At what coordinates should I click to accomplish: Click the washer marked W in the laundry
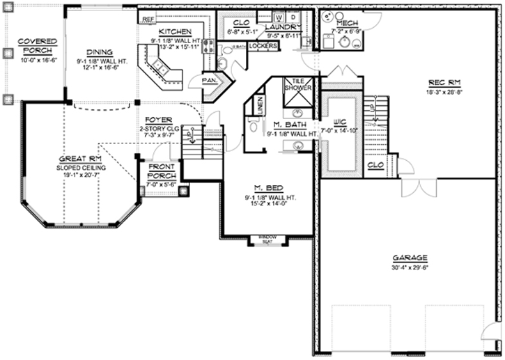tap(279, 15)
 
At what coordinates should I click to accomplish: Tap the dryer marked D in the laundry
tap(293, 15)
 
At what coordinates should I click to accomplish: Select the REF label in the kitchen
tap(148, 19)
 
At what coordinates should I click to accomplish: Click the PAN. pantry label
tap(208, 80)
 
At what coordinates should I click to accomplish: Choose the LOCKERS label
tap(263, 46)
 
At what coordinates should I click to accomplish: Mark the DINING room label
tap(100, 52)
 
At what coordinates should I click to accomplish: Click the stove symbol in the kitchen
tap(208, 46)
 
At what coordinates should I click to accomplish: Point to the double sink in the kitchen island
tap(161, 68)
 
